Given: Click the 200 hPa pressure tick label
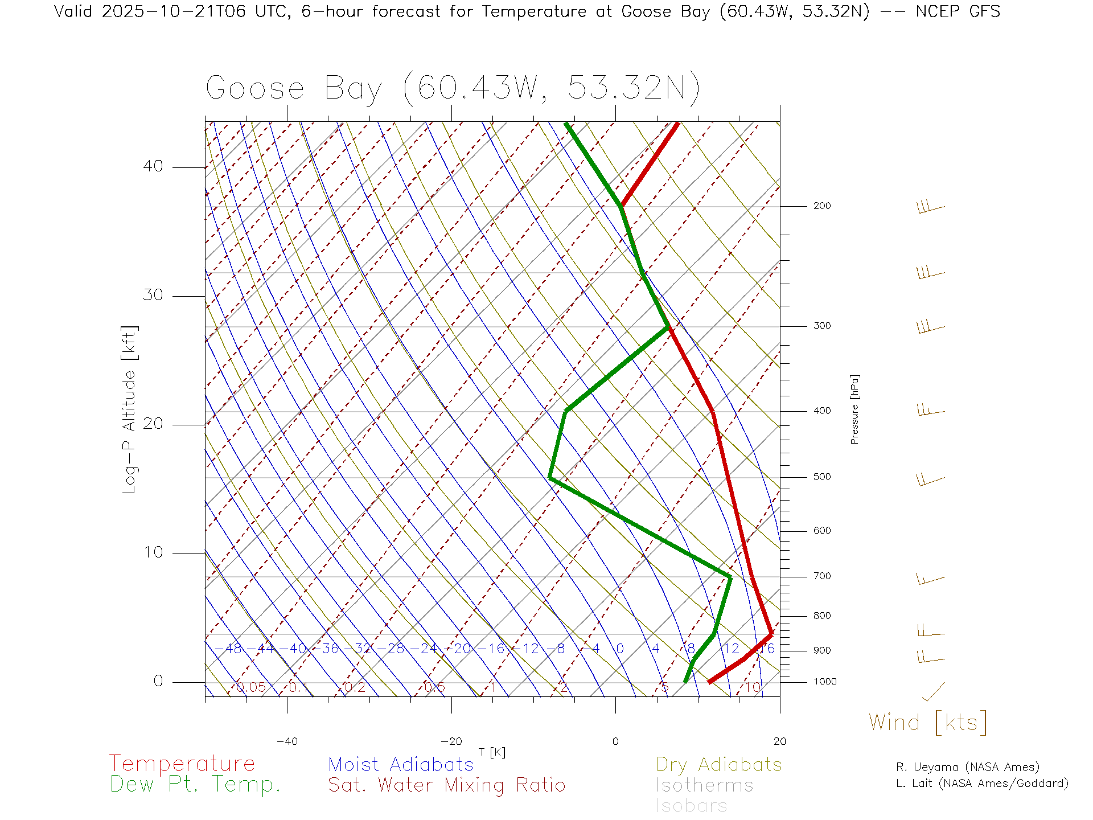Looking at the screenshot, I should [821, 206].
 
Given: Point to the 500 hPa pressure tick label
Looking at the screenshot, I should [821, 477].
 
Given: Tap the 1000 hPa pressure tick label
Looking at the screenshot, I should [825, 682].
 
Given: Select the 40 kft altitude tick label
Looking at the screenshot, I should [153, 166].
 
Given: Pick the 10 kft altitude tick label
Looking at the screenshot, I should [153, 552].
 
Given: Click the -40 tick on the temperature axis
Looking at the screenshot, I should [287, 741].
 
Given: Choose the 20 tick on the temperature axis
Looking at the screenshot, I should [779, 741].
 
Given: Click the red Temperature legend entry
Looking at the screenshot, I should [182, 764].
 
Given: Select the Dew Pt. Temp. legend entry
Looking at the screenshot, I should [195, 785].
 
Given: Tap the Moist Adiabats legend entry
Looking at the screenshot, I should [401, 764].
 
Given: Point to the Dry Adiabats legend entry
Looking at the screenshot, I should [718, 764].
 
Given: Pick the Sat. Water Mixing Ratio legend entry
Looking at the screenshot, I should [446, 785].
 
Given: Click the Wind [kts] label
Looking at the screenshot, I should [927, 722].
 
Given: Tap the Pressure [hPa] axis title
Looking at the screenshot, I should [854, 409].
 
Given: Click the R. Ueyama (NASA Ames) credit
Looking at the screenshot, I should [967, 767].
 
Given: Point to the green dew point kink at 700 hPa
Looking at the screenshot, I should [730, 577].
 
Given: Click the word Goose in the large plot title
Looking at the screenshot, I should [255, 88].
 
